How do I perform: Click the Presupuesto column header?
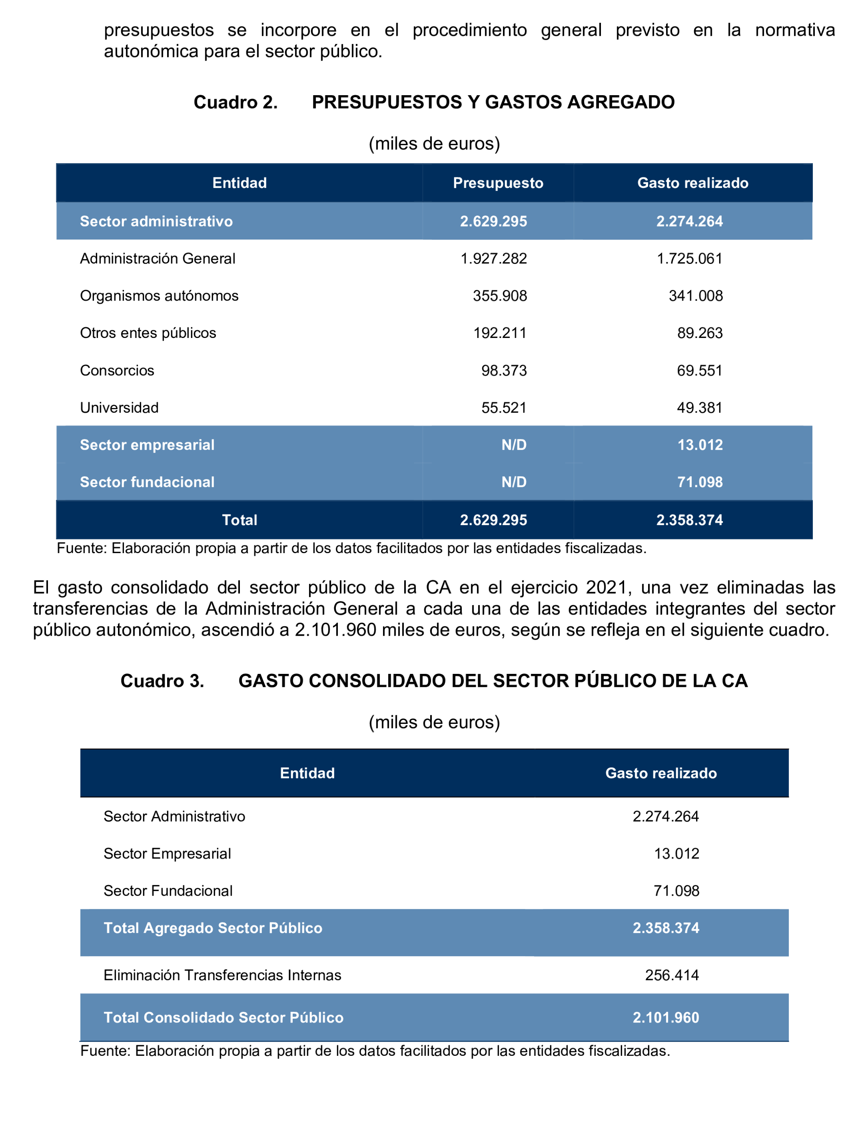tap(498, 183)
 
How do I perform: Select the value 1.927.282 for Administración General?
tap(494, 258)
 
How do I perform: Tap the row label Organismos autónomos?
tap(159, 296)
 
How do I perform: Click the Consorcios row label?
tap(117, 371)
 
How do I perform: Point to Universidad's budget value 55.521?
tap(504, 408)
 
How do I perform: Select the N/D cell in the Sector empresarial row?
tap(514, 445)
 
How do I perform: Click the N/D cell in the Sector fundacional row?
tap(514, 482)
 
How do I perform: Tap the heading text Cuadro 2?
tap(235, 102)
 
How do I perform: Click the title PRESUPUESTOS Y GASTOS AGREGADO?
tap(493, 102)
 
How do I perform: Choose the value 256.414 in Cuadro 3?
tap(672, 975)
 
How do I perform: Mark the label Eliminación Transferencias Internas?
tap(222, 975)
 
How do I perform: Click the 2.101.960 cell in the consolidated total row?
tap(666, 1018)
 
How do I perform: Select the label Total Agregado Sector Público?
tap(213, 928)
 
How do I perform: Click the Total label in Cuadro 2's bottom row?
tap(239, 520)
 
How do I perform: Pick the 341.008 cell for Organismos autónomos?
tap(695, 296)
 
